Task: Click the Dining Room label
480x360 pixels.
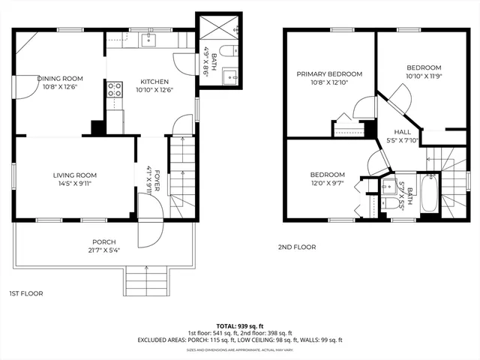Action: pos(51,78)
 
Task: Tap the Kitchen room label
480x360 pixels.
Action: pos(152,82)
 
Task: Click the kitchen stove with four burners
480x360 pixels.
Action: pos(115,91)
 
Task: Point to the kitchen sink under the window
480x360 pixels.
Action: pos(149,40)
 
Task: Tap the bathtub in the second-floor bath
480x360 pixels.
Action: pos(430,194)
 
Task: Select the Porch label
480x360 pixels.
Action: pos(104,241)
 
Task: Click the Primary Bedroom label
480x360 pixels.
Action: pos(329,74)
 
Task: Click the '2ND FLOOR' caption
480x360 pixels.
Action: pos(297,247)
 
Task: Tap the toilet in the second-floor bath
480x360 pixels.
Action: pos(389,202)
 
